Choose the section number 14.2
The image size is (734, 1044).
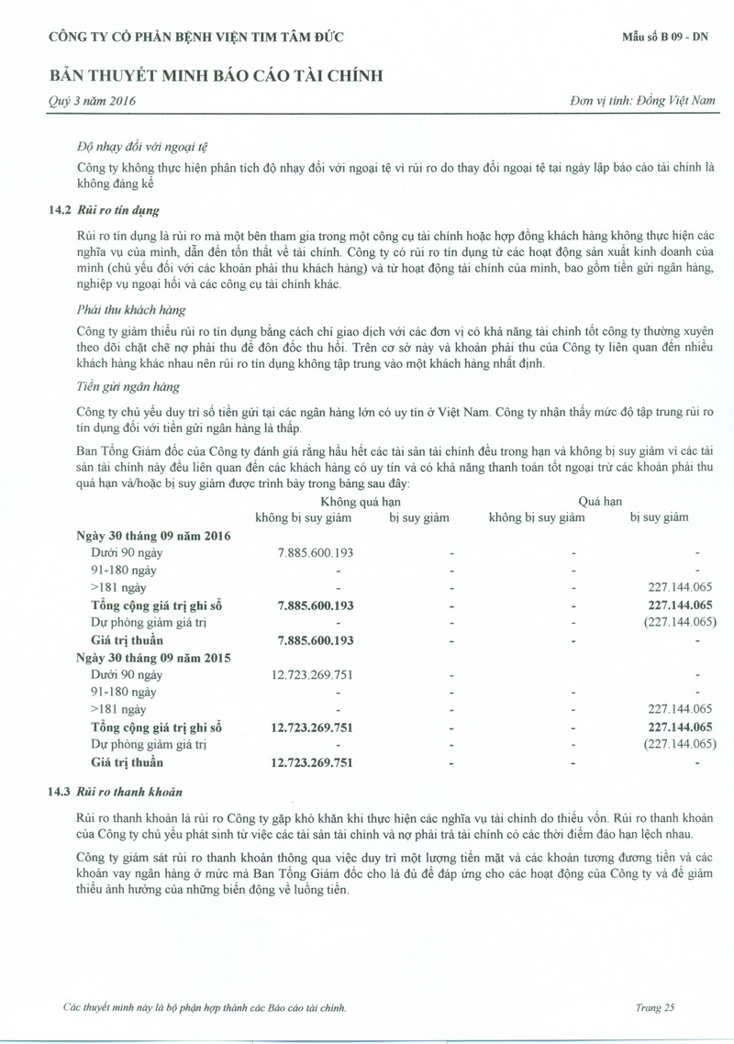tap(59, 209)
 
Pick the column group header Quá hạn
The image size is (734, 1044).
tap(600, 501)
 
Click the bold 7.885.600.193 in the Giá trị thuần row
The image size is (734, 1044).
tap(315, 639)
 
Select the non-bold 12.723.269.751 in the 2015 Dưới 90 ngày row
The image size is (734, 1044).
tap(312, 674)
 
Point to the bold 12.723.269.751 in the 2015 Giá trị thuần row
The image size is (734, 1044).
tap(312, 761)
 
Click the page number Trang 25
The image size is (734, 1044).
tap(654, 1007)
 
